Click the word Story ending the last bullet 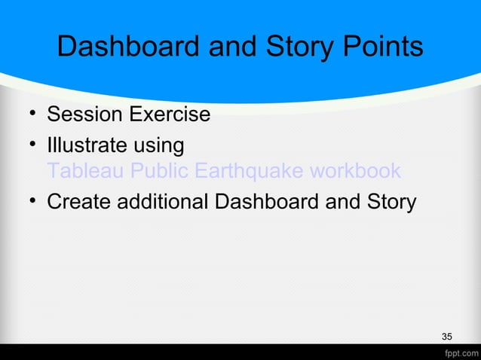pyautogui.click(x=389, y=203)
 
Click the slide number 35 pyautogui.click(x=447, y=336)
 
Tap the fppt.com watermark pyautogui.click(x=459, y=352)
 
